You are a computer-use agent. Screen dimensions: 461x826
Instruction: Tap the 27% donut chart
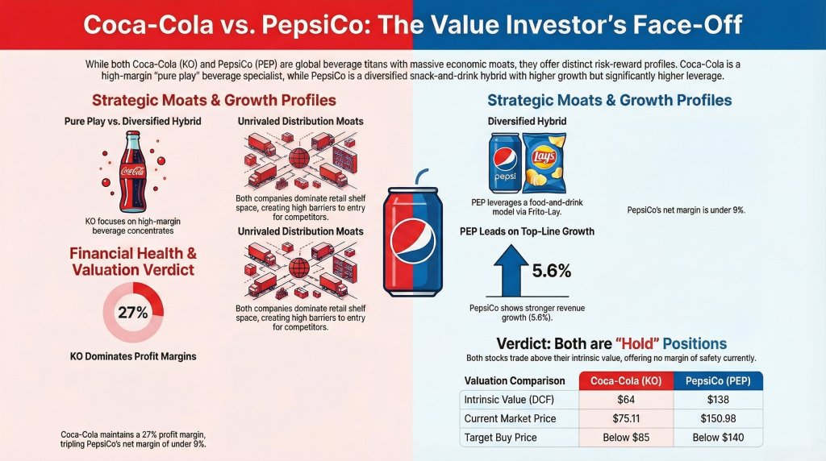point(132,313)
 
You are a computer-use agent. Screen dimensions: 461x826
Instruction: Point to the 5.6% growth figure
point(551,271)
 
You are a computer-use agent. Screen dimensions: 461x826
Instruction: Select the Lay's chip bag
point(544,161)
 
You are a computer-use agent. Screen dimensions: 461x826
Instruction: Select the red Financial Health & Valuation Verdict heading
point(132,261)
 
